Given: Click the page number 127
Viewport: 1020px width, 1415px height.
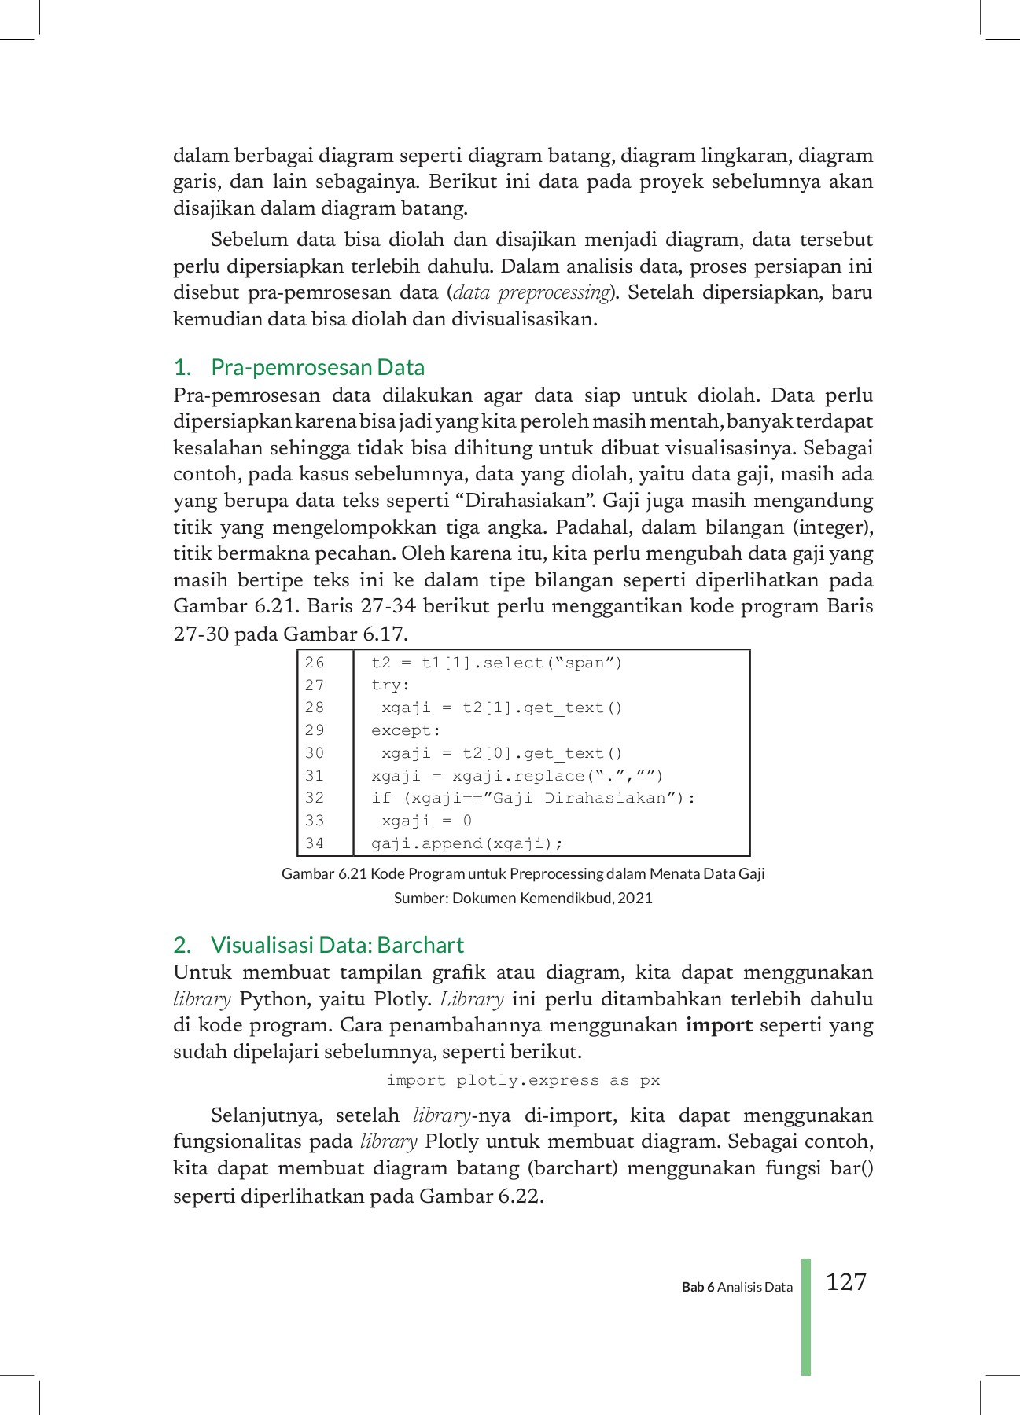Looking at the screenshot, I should click(x=846, y=1282).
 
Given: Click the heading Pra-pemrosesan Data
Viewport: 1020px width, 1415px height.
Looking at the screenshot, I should click(x=317, y=367).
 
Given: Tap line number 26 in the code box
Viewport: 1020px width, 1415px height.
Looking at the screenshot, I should click(x=315, y=663).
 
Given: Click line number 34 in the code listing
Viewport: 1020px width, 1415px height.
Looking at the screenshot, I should click(x=315, y=843).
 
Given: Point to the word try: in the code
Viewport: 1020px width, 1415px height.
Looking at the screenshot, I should click(x=391, y=685).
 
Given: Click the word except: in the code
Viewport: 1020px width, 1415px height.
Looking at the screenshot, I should click(x=406, y=730).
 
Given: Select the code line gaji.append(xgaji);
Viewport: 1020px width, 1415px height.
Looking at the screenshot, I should click(x=467, y=843).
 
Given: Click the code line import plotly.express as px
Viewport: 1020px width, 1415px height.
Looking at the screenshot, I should click(x=523, y=1080).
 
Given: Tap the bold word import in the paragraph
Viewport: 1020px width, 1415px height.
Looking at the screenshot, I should click(x=719, y=1025).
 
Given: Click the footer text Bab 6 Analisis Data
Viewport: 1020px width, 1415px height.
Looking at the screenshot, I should click(x=737, y=1287).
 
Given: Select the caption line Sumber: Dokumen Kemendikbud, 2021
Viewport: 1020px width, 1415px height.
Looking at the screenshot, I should click(x=523, y=898).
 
